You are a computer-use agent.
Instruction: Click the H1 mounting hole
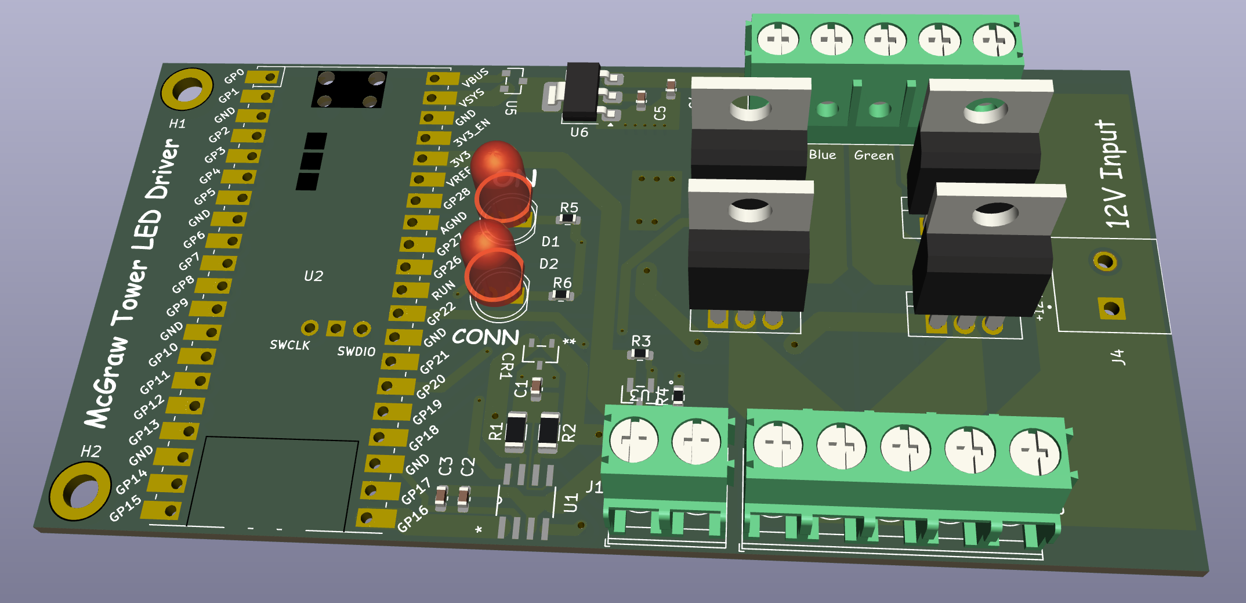coord(187,89)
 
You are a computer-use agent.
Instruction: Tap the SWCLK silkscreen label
coord(289,345)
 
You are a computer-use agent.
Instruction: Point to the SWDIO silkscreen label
coord(356,351)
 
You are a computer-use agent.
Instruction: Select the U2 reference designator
coord(313,276)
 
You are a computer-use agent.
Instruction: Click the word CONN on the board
coord(485,337)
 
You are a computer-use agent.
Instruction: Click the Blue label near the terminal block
coord(823,154)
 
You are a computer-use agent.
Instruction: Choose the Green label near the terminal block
coord(874,155)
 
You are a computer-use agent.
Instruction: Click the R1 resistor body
coord(516,432)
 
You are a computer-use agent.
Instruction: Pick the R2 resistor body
coord(548,432)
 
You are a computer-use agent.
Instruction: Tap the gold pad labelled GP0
coord(264,77)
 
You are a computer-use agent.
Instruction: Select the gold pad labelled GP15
coord(163,510)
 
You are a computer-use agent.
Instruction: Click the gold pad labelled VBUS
coord(442,78)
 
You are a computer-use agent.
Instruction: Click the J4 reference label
coord(1118,357)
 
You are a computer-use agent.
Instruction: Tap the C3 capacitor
coord(441,497)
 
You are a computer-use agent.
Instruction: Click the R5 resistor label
coord(569,208)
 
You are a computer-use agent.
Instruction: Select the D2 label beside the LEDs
coord(549,264)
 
